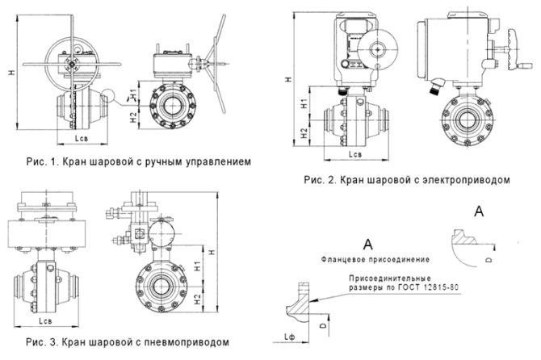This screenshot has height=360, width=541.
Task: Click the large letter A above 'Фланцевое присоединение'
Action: [367, 243]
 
